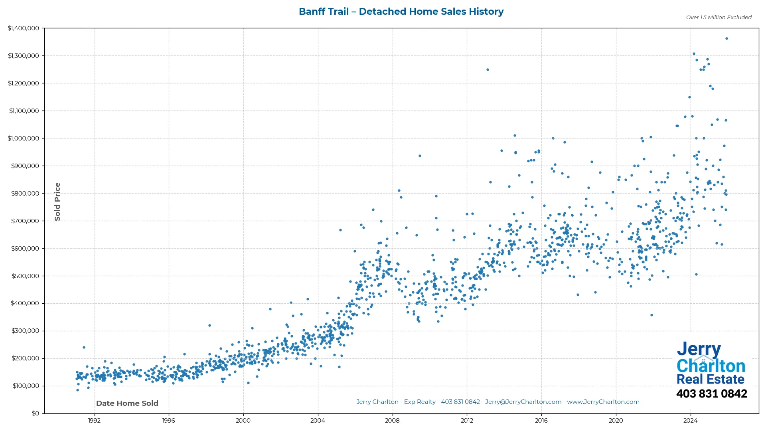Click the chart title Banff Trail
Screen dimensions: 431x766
[x=401, y=12]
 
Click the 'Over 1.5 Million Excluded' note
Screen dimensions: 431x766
[x=719, y=17]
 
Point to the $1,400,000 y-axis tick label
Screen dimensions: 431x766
[x=24, y=28]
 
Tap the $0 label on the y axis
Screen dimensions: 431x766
[x=36, y=413]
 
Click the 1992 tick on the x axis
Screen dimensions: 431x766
[x=94, y=420]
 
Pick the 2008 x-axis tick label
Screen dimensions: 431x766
[x=392, y=420]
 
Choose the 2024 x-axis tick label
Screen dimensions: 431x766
[x=690, y=420]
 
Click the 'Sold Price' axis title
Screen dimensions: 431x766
[x=57, y=202]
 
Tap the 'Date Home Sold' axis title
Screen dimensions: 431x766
[x=127, y=403]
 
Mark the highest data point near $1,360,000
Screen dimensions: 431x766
[x=727, y=39]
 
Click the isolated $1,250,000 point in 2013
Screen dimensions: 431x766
[x=488, y=69]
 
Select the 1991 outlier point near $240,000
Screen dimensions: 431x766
[x=84, y=347]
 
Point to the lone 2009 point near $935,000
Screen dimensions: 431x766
[x=420, y=156]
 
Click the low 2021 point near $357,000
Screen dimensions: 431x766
[x=651, y=315]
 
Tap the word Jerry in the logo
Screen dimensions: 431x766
[x=699, y=350]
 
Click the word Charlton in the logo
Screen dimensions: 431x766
[x=711, y=366]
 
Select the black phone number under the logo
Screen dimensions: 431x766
[x=711, y=393]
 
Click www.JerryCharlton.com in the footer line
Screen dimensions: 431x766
[x=603, y=402]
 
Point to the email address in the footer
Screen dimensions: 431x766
[x=523, y=402]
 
